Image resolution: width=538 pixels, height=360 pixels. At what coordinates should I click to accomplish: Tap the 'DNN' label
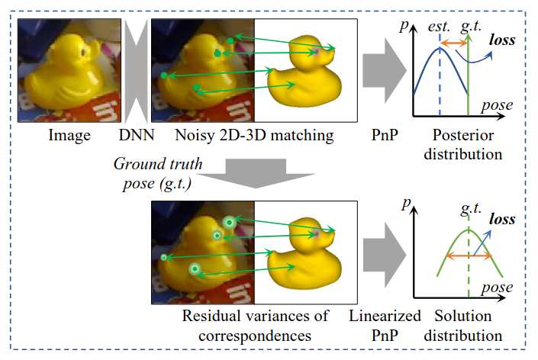pyautogui.click(x=135, y=137)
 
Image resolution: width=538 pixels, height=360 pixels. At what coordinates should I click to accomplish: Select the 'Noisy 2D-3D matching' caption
pyautogui.click(x=254, y=137)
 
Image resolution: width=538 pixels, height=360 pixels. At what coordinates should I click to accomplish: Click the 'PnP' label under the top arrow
pyautogui.click(x=382, y=137)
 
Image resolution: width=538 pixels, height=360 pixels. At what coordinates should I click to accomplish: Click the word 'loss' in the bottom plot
pyautogui.click(x=501, y=220)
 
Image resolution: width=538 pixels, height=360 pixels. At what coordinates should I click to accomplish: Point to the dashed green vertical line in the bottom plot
pyautogui.click(x=468, y=263)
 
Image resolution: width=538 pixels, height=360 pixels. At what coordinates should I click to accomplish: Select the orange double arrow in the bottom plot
pyautogui.click(x=468, y=256)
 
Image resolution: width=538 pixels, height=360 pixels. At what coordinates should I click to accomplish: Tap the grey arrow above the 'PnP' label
pyautogui.click(x=384, y=72)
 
